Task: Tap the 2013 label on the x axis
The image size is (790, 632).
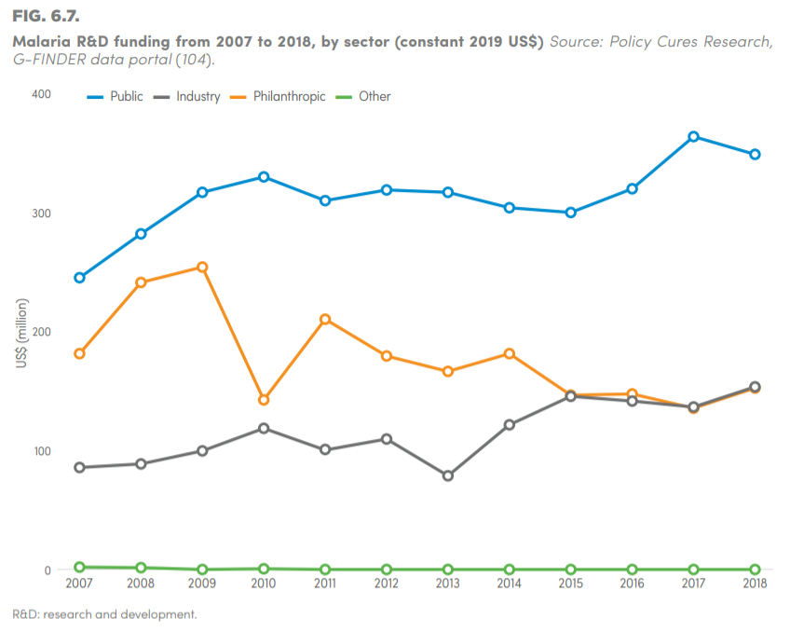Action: [x=447, y=584]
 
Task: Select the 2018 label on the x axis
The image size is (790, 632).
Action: [x=755, y=584]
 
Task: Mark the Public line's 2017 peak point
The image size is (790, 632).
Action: [x=693, y=137]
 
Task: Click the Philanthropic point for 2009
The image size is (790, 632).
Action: [x=202, y=268]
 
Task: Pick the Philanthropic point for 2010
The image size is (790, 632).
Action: [x=264, y=400]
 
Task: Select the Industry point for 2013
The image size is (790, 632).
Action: [x=448, y=475]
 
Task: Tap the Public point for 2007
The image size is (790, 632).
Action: [x=79, y=278]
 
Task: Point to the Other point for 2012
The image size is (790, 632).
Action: [x=387, y=570]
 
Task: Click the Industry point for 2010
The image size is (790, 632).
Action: [x=264, y=429]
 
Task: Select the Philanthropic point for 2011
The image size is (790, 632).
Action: [x=325, y=320]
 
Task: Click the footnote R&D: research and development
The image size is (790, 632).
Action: [x=104, y=614]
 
